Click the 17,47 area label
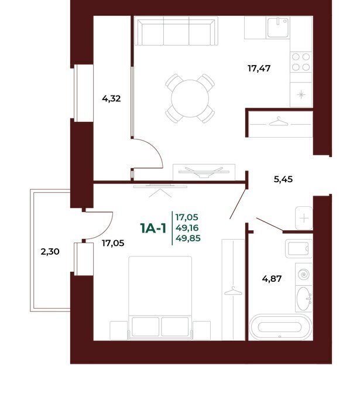click(259, 69)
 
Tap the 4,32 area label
click(111, 98)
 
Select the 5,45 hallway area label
click(283, 179)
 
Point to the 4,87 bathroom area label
click(272, 278)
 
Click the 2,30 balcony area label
click(50, 252)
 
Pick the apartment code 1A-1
click(153, 228)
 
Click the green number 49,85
click(188, 238)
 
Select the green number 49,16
click(187, 228)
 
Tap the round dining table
click(190, 98)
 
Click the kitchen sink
click(278, 28)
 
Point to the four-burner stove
click(301, 62)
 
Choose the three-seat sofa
click(176, 31)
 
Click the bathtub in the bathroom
click(280, 327)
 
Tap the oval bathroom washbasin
click(304, 299)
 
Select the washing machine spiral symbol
click(304, 275)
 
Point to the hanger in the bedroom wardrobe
click(233, 291)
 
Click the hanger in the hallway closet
click(279, 122)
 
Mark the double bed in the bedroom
click(160, 298)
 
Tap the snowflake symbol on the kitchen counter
click(301, 95)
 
